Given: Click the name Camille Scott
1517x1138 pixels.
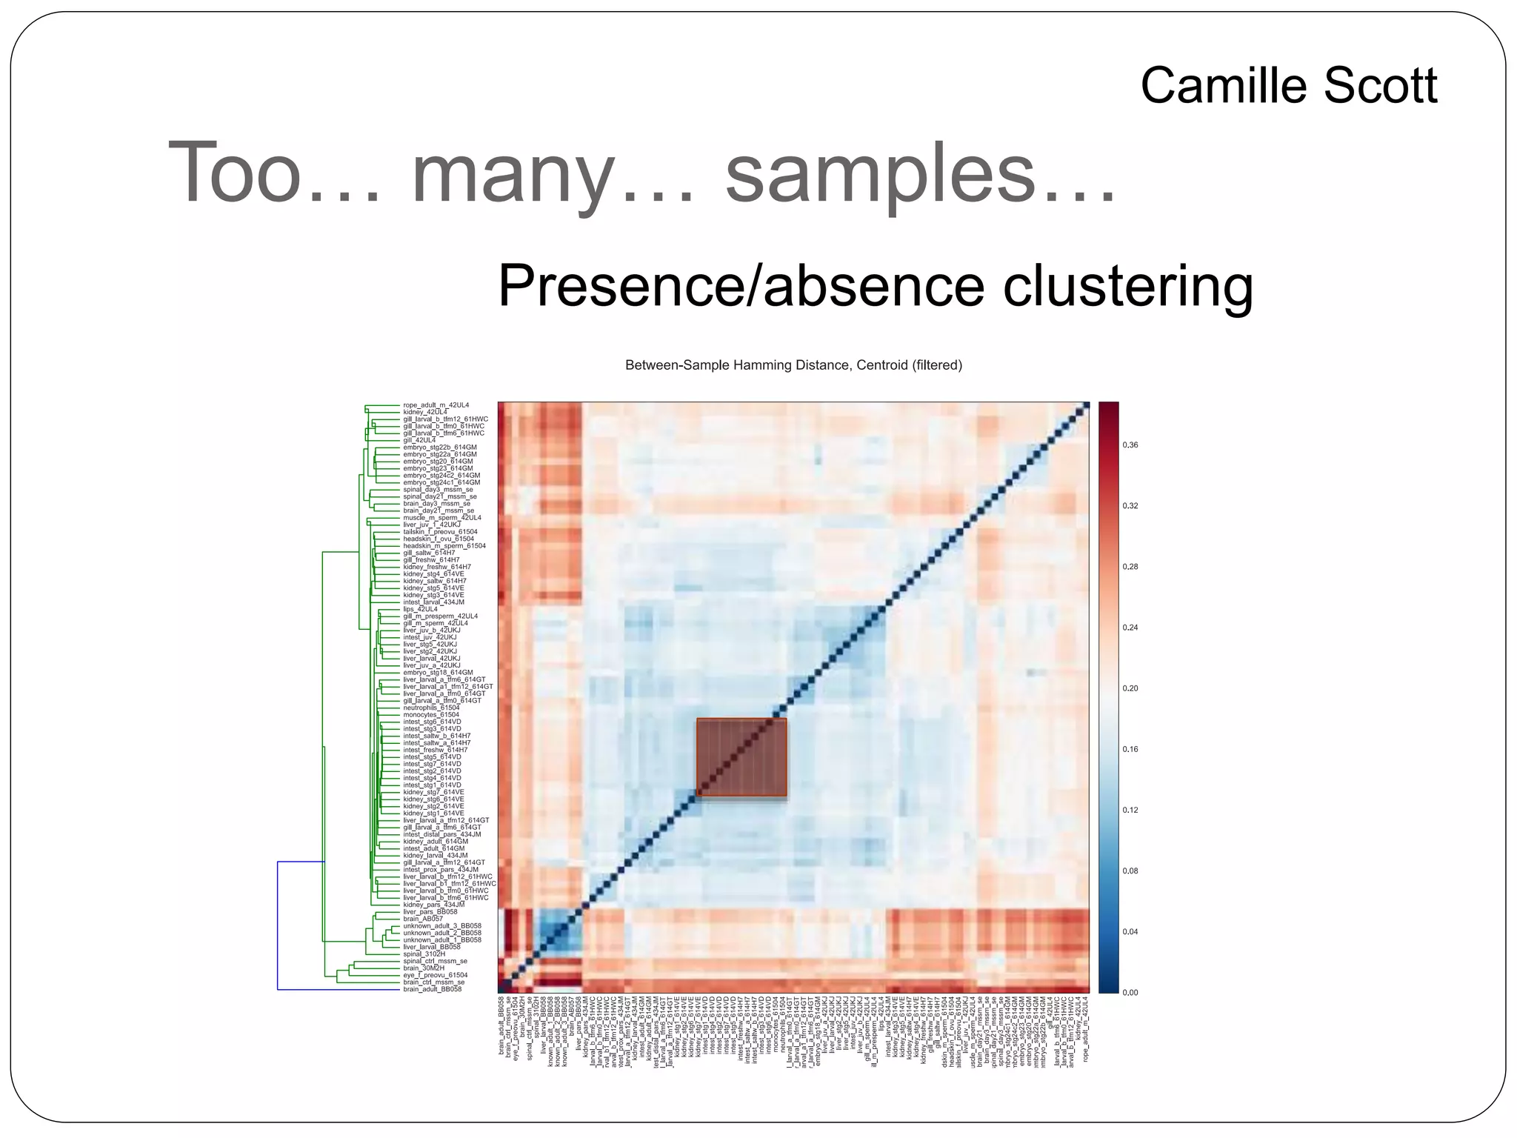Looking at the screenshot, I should pos(1288,86).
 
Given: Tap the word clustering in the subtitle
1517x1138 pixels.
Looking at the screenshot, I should pos(1127,287).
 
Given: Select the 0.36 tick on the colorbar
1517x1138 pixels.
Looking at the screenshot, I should pos(1130,445).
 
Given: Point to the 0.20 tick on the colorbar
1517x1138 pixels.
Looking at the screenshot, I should pos(1130,688).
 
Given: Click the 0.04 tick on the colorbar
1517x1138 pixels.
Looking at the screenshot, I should pos(1130,931).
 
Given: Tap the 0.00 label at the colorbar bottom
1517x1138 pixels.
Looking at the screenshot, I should pos(1130,992).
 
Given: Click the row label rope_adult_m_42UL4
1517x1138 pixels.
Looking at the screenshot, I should pos(436,405).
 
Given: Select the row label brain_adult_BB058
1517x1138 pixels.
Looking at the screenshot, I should pos(432,989).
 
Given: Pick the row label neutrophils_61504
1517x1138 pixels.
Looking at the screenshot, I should pos(431,708).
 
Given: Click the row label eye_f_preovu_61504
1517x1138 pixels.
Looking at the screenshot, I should pos(435,975).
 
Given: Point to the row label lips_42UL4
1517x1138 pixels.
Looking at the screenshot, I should pos(420,609).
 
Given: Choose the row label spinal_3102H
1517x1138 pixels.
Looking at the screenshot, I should pos(424,954).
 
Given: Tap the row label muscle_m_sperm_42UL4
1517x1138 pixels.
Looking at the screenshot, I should pos(441,518).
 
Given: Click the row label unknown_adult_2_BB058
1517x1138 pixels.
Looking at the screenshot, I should pos(441,933).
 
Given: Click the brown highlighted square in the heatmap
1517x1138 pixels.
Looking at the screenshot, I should pos(741,757).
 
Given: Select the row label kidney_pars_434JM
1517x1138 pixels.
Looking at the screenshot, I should pos(433,905).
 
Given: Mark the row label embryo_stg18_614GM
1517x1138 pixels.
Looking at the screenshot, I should pos(438,673).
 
